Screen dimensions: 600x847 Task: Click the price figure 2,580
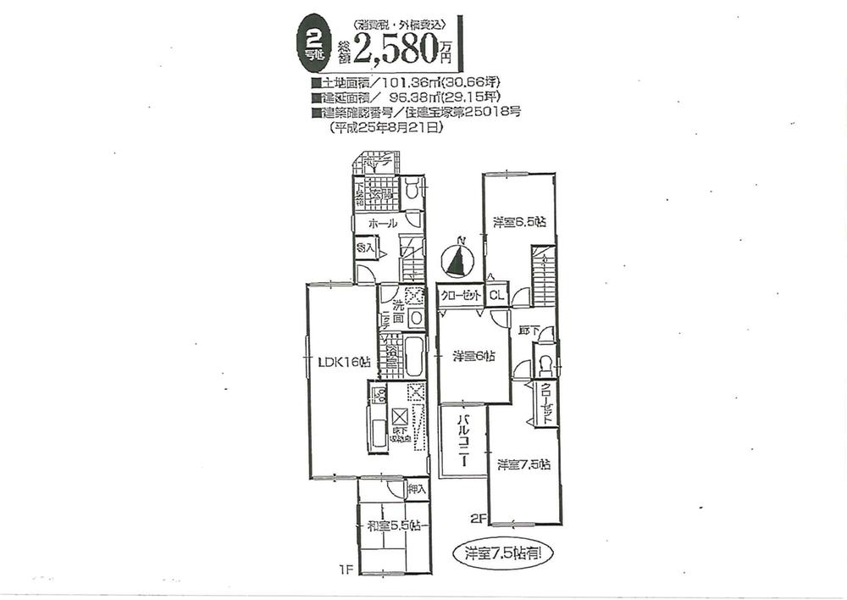coord(396,53)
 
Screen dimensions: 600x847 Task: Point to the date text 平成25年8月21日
coord(386,128)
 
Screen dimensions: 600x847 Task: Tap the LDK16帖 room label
coord(344,362)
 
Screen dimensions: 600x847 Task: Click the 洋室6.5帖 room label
coord(519,222)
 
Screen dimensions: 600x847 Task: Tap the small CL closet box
coord(496,295)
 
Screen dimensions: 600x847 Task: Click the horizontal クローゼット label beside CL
coord(461,295)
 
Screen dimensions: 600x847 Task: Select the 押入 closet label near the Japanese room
coord(416,489)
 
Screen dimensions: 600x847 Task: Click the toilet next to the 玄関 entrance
coord(412,190)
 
